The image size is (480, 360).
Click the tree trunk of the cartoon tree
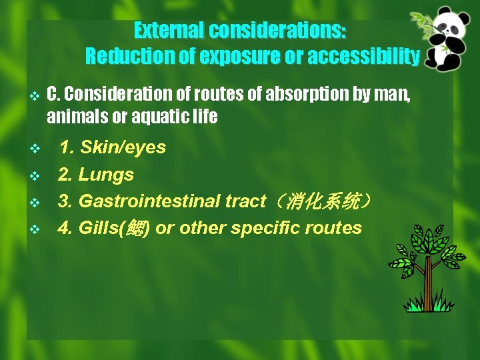pyautogui.click(x=428, y=283)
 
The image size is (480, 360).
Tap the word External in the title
pyautogui.click(x=170, y=31)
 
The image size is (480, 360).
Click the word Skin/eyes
pyautogui.click(x=123, y=147)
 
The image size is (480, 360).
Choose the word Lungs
pyautogui.click(x=106, y=175)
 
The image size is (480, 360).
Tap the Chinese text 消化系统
pyautogui.click(x=323, y=201)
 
